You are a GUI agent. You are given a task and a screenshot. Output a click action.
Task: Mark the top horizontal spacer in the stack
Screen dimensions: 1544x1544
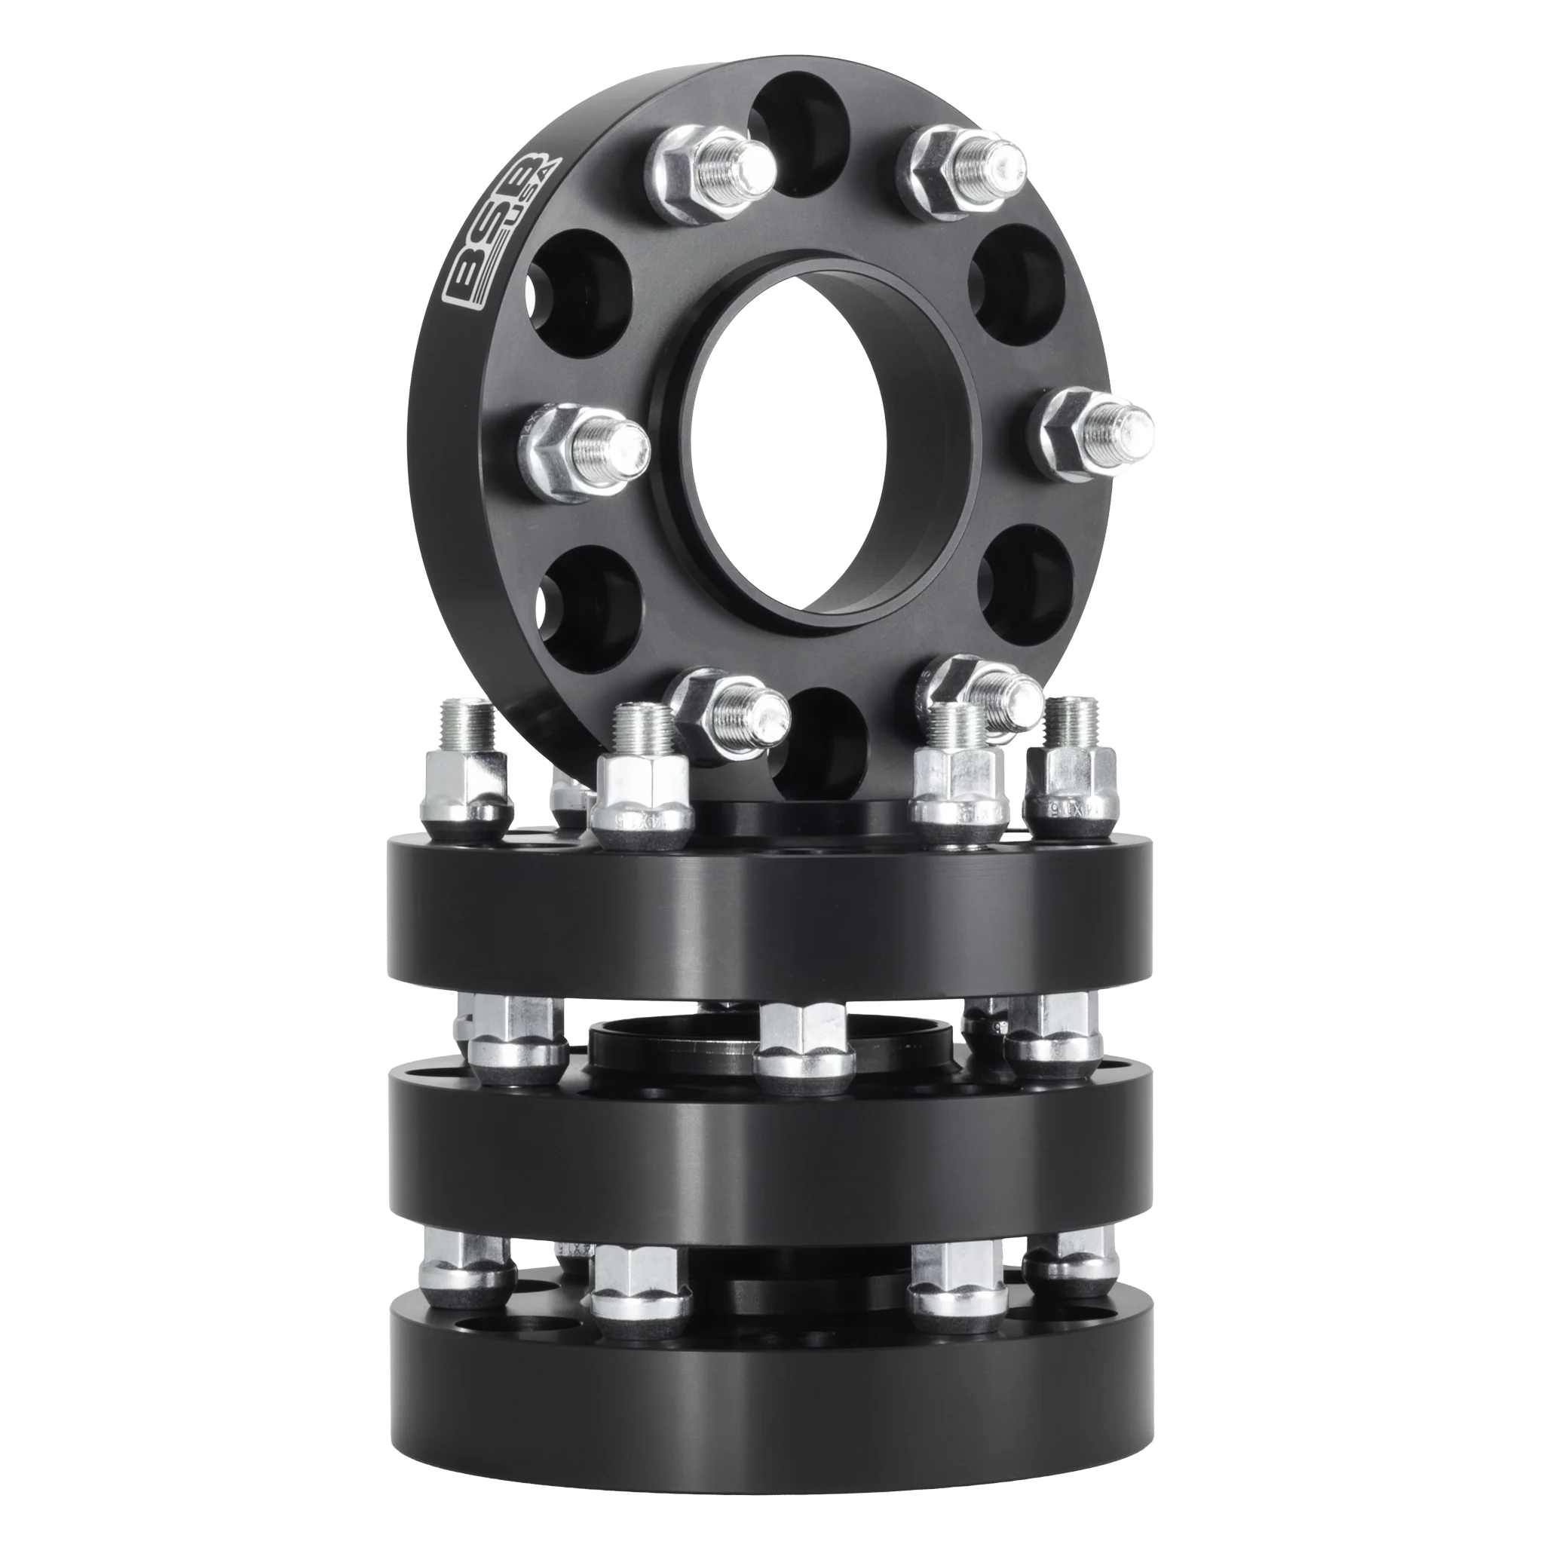coord(771,919)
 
